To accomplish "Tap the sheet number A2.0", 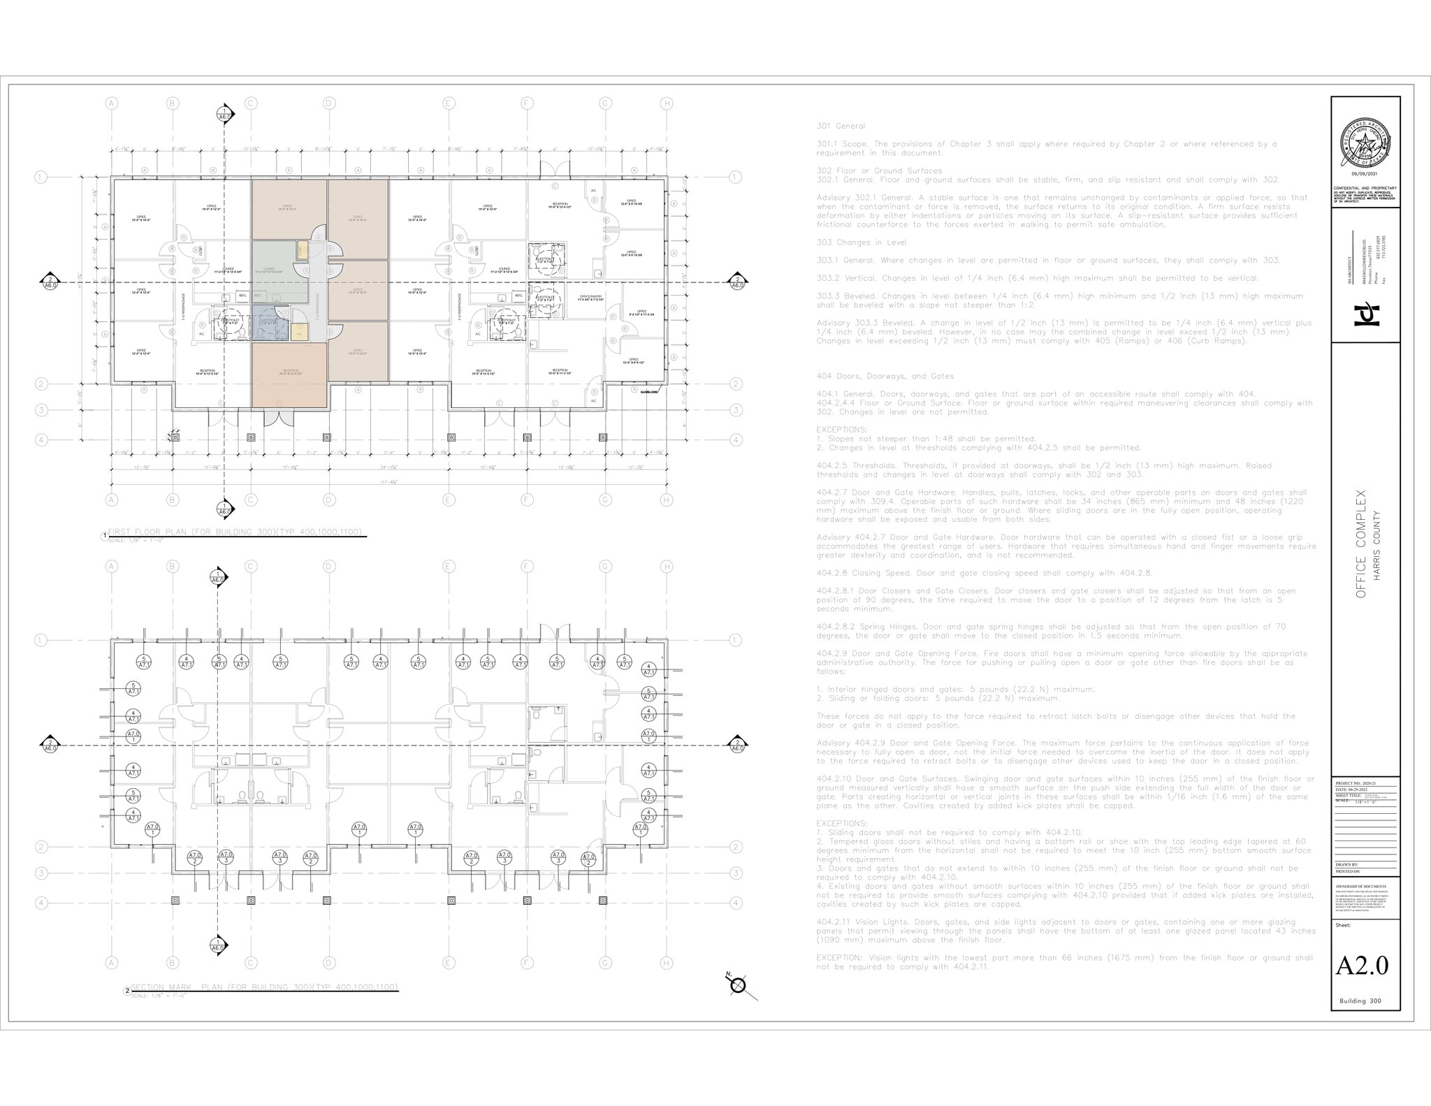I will click(x=1362, y=965).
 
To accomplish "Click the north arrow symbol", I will click(x=739, y=984).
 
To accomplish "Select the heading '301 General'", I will click(x=841, y=126).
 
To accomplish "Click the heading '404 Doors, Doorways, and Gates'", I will click(x=885, y=376).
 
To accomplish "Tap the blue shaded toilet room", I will click(x=270, y=323).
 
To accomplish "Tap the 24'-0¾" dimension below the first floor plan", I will click(x=389, y=467).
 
